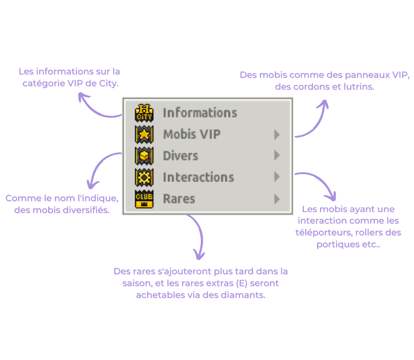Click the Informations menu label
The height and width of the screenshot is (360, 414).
click(200, 113)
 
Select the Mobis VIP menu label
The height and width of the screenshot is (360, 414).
click(192, 134)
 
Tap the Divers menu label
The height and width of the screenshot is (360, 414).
click(181, 156)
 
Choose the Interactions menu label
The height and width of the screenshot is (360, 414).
click(199, 177)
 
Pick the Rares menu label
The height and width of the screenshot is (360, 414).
click(179, 199)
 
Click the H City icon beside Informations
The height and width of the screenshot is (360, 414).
click(144, 113)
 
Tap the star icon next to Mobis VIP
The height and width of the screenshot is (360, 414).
click(144, 134)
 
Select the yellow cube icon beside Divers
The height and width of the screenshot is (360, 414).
click(144, 156)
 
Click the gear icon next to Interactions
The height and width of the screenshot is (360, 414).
click(144, 177)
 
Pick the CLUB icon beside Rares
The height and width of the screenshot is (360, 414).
click(144, 199)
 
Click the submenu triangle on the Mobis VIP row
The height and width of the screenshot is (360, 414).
click(277, 134)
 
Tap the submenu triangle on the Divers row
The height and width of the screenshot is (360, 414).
click(277, 155)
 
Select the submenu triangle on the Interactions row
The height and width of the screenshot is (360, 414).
click(277, 177)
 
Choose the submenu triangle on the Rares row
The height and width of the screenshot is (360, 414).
click(277, 199)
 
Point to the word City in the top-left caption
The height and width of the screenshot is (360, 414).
click(109, 84)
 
